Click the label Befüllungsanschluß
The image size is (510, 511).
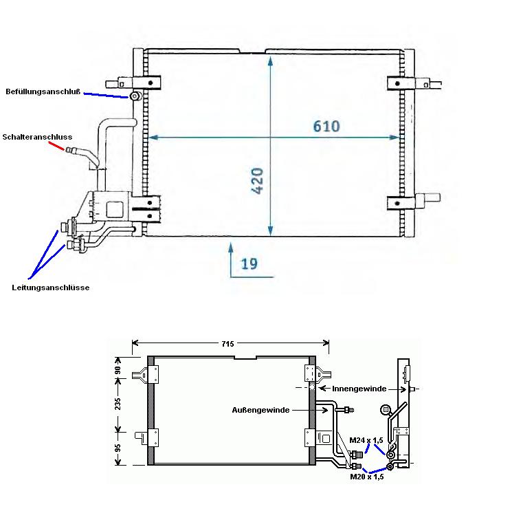pyautogui.click(x=43, y=91)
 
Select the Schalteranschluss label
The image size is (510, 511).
pyautogui.click(x=37, y=137)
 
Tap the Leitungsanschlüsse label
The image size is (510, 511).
pyautogui.click(x=50, y=287)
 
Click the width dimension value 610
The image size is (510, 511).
pyautogui.click(x=326, y=126)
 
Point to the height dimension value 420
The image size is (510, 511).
pyautogui.click(x=257, y=181)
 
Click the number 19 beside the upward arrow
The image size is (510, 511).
pyautogui.click(x=249, y=263)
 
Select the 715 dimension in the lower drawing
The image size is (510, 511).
pyautogui.click(x=228, y=343)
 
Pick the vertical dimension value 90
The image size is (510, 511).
pyautogui.click(x=118, y=370)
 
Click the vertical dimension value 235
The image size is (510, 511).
pyautogui.click(x=118, y=404)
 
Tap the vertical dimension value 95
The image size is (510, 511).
pyautogui.click(x=118, y=448)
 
